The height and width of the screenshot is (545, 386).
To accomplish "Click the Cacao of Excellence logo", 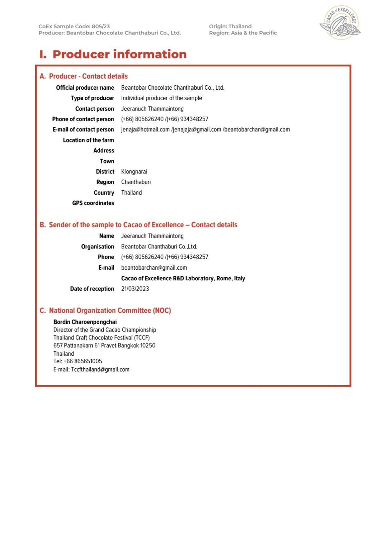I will (340, 23).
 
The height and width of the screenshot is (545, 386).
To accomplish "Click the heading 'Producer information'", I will (119, 54).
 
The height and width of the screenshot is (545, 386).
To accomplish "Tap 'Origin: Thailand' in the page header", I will (230, 27).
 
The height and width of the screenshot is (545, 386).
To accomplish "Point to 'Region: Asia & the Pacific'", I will (243, 33).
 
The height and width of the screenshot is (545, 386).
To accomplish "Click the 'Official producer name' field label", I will (85, 88).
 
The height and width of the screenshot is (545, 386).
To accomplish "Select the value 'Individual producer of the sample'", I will (161, 98).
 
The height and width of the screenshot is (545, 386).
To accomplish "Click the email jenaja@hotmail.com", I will (145, 129).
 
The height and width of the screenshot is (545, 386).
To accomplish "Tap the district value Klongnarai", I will (134, 172).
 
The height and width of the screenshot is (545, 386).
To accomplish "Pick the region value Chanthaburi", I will (136, 182).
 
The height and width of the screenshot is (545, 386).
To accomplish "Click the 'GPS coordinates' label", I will (93, 203).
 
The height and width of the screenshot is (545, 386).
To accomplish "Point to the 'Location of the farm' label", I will (88, 140).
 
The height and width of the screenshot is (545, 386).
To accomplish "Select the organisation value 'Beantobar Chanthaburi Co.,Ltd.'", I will (159, 247).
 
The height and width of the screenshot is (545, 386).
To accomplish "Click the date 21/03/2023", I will (135, 289).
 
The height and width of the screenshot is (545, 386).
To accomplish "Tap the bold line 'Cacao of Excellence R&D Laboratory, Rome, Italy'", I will (183, 278).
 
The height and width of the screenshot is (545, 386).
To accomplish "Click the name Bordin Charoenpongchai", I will (85, 322).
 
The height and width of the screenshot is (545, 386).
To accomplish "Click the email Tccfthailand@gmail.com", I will (100, 369).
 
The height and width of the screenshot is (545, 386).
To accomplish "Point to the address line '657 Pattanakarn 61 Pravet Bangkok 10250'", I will (104, 346).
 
